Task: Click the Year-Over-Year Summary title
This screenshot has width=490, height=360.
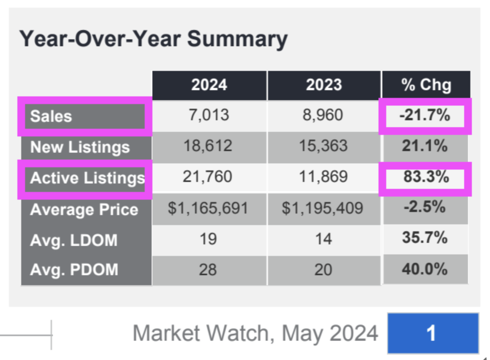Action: pos(153,39)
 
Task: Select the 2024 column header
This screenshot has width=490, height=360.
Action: pos(209,85)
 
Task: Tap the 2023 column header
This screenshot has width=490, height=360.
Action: pos(324,85)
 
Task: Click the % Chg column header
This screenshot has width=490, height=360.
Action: pos(426,85)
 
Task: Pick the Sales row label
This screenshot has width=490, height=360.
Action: pos(51,116)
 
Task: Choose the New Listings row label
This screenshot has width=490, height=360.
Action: pos(80,147)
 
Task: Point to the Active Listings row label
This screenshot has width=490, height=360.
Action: pos(87,178)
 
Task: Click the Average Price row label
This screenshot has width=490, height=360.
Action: pos(84,210)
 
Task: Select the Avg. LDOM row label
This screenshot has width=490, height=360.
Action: pos(74,240)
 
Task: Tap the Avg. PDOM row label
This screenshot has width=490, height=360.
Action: pos(74,269)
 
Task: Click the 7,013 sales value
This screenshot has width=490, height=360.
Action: pos(209,115)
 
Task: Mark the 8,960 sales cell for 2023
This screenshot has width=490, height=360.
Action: pos(324,115)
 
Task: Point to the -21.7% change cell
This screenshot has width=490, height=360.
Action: pos(425,115)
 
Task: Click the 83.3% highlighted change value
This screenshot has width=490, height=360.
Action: pos(426,177)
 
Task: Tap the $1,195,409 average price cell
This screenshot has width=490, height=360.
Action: pos(323,209)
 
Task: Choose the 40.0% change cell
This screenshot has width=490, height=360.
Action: pos(425,269)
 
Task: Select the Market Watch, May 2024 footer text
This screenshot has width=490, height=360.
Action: pos(255,333)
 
